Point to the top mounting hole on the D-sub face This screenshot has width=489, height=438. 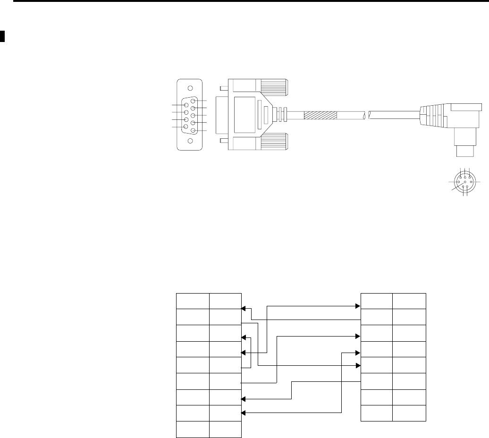coord(189,88)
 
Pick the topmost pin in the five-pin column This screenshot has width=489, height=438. coord(193,101)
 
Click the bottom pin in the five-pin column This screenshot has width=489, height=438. coord(193,130)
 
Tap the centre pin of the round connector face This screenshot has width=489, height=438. coord(465,182)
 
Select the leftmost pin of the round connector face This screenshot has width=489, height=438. coord(458,182)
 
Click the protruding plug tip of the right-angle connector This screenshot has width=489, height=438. coord(464,152)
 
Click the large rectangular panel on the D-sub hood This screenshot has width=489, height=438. coord(245,114)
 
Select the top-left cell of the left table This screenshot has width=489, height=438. coord(193,301)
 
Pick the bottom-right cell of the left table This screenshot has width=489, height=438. coord(225,429)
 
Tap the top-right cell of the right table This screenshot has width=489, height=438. coord(409,301)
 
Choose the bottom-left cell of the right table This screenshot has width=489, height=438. coord(377,413)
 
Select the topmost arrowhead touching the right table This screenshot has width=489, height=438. coord(358,306)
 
